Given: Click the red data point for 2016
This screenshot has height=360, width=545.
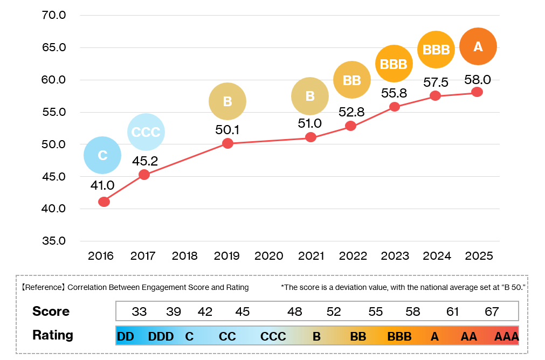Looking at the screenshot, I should pyautogui.click(x=104, y=202).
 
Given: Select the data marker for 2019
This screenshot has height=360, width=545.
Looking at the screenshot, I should pyautogui.click(x=227, y=143).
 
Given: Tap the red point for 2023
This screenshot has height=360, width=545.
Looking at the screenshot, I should pyautogui.click(x=395, y=107).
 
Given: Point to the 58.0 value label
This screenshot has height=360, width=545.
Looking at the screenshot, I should pyautogui.click(x=478, y=80).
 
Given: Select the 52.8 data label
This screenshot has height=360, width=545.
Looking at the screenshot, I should pyautogui.click(x=352, y=112).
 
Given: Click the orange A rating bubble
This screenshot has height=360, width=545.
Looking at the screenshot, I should pyautogui.click(x=478, y=47).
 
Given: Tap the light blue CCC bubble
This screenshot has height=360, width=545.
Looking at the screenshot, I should pyautogui.click(x=146, y=133).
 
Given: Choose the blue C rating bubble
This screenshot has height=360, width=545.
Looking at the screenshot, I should pyautogui.click(x=102, y=156).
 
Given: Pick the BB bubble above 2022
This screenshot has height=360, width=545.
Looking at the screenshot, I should pyautogui.click(x=352, y=81).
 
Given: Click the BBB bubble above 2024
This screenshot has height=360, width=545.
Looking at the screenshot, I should pyautogui.click(x=436, y=50).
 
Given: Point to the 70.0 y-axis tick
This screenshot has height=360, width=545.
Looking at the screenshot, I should pyautogui.click(x=54, y=15).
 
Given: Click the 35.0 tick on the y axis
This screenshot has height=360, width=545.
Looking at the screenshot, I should pyautogui.click(x=54, y=241).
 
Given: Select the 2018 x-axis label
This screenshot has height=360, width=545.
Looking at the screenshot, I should pyautogui.click(x=185, y=256).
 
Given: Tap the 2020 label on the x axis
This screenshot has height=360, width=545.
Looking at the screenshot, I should pyautogui.click(x=269, y=256).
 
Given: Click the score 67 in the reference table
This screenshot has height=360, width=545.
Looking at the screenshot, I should pyautogui.click(x=492, y=311).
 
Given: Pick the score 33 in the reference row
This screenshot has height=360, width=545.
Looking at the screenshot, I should pyautogui.click(x=140, y=311).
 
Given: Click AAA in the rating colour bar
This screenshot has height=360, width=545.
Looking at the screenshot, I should pyautogui.click(x=506, y=337).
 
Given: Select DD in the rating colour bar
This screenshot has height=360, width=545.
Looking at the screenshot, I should pyautogui.click(x=125, y=337).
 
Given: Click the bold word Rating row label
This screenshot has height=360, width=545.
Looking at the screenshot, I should pyautogui.click(x=53, y=335).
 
